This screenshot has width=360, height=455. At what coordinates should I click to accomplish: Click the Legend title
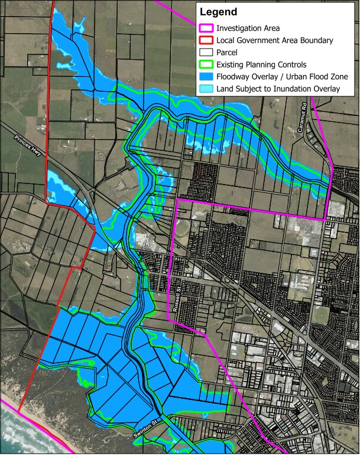(x=219, y=12)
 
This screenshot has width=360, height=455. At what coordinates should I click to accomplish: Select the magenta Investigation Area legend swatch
(x=206, y=28)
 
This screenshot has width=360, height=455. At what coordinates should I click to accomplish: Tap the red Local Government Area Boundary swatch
(x=206, y=41)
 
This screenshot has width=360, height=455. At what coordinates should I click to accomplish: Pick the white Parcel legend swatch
(x=206, y=53)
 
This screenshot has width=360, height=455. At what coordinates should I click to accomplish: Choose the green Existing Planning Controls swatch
(x=206, y=64)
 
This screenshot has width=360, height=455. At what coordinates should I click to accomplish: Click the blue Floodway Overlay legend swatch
(x=206, y=77)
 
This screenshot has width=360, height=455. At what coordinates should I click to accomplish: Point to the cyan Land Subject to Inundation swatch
(x=206, y=89)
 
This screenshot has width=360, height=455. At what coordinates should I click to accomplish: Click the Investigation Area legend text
(x=248, y=28)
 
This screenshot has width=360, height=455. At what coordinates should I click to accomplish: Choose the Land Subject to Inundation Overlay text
(x=278, y=89)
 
